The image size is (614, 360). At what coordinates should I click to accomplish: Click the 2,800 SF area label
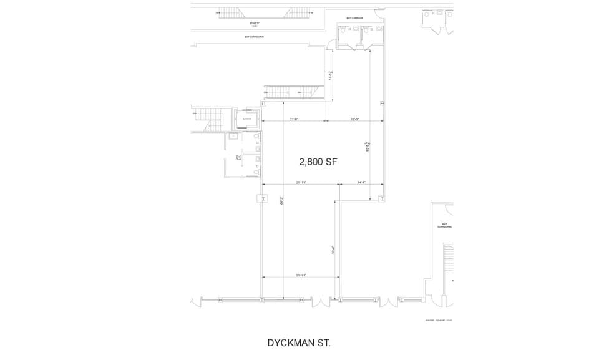click(x=318, y=162)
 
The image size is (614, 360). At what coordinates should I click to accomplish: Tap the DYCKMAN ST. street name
click(x=298, y=343)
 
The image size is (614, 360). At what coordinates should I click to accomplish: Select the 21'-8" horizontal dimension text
click(x=294, y=119)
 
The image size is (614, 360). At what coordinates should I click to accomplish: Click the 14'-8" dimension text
click(x=361, y=182)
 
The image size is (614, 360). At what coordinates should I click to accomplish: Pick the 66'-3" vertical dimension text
click(x=282, y=202)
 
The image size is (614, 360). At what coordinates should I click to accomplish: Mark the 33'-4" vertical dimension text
click(x=334, y=251)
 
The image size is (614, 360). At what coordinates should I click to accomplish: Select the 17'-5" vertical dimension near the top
click(x=330, y=75)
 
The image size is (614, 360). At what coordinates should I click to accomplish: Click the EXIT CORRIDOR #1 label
click(x=255, y=37)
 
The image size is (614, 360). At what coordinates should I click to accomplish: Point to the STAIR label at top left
click(x=254, y=23)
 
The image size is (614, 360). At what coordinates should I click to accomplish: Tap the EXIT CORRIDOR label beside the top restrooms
click(x=354, y=19)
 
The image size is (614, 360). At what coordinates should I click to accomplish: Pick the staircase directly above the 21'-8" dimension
click(x=292, y=92)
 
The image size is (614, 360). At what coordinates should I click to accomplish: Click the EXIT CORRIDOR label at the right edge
click(x=445, y=225)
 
